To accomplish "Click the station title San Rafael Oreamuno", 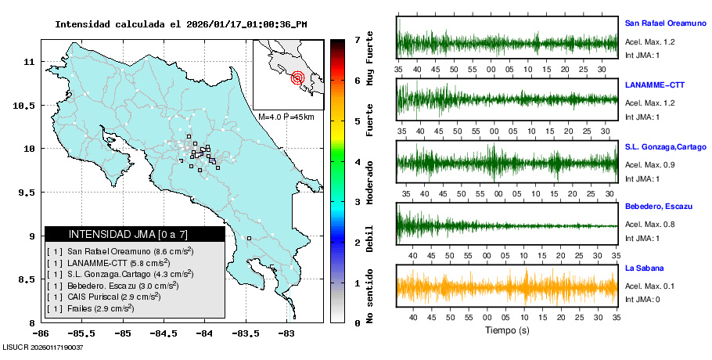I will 664,23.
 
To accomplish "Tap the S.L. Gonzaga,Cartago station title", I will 665,147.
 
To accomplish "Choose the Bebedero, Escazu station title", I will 658,206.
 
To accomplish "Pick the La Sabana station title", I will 643,268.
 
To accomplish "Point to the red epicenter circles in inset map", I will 297,77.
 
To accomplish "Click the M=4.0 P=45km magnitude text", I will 286,117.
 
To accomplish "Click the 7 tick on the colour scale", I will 357,39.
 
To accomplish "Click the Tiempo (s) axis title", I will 508,330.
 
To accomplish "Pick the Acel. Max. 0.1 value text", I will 649,286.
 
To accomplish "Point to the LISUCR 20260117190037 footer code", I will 43,347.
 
